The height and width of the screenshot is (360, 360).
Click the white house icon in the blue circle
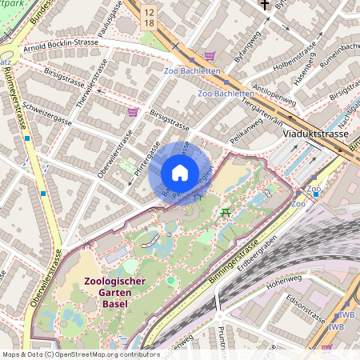(x=179, y=174)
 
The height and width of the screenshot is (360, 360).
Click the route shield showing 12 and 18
(x=150, y=18)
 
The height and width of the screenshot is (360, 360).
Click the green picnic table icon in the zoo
(x=226, y=212)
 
